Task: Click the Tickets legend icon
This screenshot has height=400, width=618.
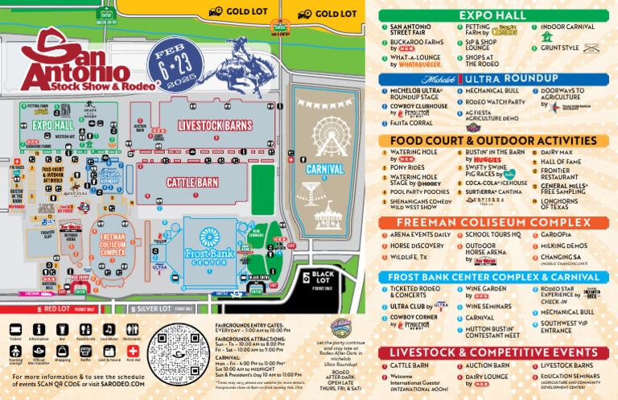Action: pyautogui.click(x=15, y=330)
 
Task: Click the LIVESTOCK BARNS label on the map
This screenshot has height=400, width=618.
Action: pyautogui.click(x=215, y=126)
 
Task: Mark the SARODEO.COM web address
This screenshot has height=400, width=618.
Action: pyautogui.click(x=121, y=385)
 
